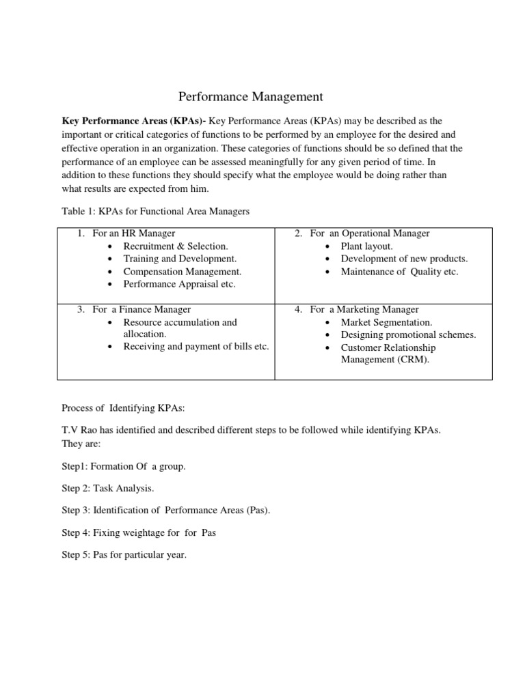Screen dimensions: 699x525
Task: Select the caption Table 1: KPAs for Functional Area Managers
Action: [156, 212]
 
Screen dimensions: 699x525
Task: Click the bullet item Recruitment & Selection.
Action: [176, 246]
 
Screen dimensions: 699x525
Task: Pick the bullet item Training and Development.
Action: [180, 259]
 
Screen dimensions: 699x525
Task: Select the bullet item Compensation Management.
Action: [183, 272]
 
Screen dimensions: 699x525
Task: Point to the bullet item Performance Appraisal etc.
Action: [179, 284]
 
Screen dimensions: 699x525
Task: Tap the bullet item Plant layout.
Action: [367, 246]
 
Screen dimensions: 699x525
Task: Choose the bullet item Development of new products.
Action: [404, 259]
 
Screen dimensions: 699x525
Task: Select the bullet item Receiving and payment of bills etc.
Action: [196, 347]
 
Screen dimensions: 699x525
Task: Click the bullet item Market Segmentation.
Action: [386, 322]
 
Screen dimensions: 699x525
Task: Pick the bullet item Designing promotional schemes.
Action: [408, 334]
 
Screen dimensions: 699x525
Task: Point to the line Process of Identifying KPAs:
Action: [124, 408]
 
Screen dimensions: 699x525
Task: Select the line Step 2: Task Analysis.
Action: [108, 488]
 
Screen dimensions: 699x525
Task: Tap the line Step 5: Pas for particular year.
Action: [124, 555]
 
